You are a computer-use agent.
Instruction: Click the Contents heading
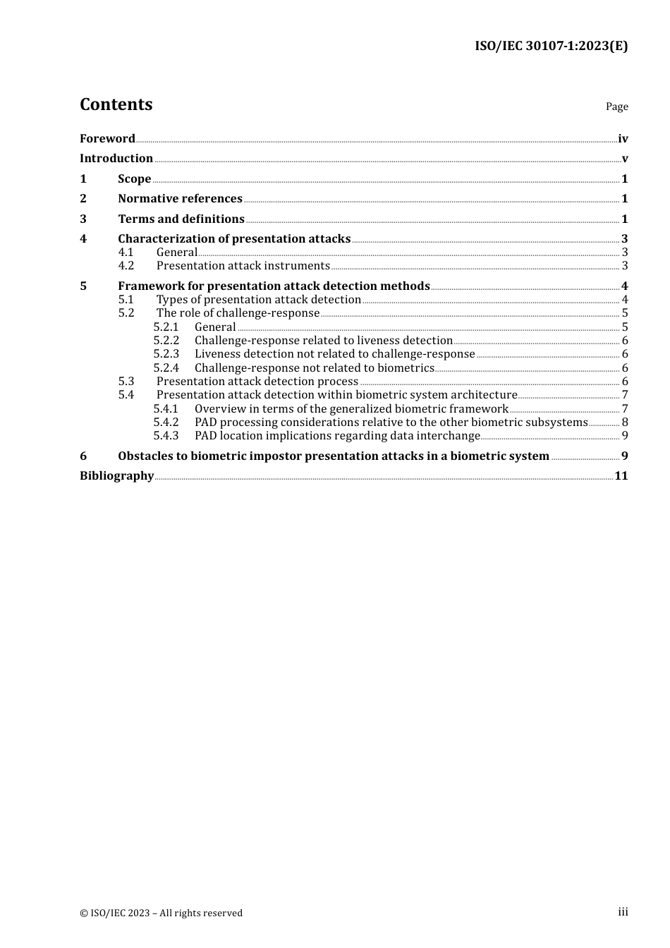pos(116,104)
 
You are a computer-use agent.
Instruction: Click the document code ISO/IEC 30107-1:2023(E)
pos(551,47)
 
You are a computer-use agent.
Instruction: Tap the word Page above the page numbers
pos(616,107)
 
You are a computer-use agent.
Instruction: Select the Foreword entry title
pos(107,139)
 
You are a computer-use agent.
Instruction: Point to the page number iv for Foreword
pos(623,139)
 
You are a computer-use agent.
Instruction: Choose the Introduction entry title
pos(116,159)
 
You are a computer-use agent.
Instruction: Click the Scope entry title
pos(135,179)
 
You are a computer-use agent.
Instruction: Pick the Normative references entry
pos(180,199)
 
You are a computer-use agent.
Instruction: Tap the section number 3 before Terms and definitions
pos(83,219)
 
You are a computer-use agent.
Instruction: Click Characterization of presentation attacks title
pos(234,239)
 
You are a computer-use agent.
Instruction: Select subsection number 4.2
pos(126,266)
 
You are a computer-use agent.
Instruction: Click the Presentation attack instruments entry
pos(243,266)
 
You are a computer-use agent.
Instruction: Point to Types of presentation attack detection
pos(259,300)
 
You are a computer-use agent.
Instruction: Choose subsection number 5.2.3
pos(166,354)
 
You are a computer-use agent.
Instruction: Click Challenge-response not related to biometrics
pos(315,368)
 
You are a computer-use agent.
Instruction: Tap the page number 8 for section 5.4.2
pos(625,423)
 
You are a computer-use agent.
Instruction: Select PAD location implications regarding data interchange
pos(337,436)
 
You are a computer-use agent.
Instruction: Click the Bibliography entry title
pos(116,476)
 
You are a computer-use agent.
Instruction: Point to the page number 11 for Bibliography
pos(621,476)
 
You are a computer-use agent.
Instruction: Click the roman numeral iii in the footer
pos(623,912)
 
